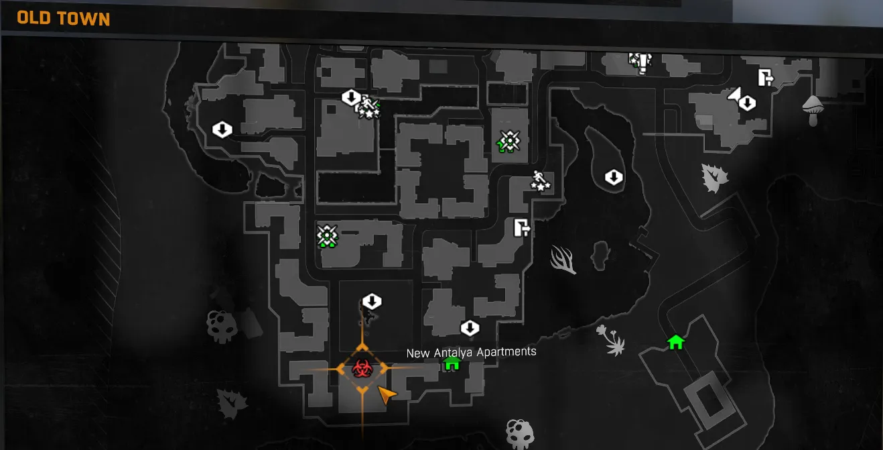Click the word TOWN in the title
click(84, 18)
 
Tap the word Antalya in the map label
click(458, 352)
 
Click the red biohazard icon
click(361, 368)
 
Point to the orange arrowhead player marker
click(385, 395)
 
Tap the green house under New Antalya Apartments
click(452, 363)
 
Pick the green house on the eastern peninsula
click(676, 342)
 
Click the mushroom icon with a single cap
click(813, 109)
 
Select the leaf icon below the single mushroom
click(713, 178)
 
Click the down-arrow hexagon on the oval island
click(614, 178)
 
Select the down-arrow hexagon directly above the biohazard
click(371, 301)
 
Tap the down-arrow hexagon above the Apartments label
click(470, 328)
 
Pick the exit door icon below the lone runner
click(522, 228)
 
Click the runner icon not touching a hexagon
click(540, 180)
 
